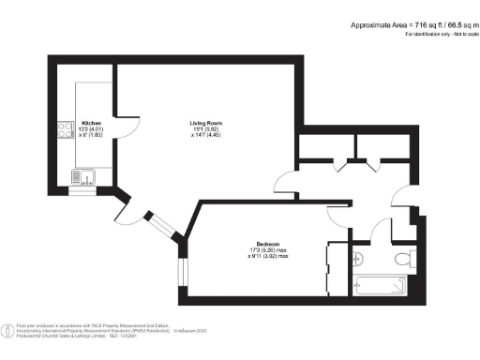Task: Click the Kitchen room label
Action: (x=91, y=123)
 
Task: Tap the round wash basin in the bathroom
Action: (x=357, y=259)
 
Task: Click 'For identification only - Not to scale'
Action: (x=440, y=34)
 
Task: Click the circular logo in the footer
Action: (x=7, y=330)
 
